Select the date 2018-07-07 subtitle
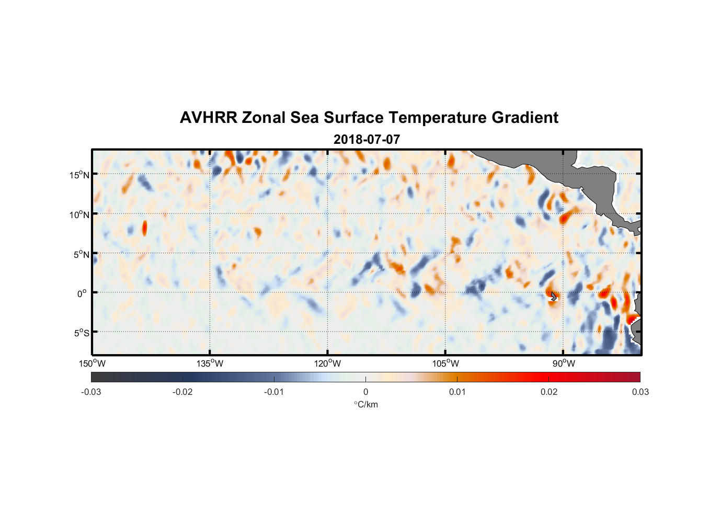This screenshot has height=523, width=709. coord(367,140)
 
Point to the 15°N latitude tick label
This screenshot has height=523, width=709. coord(79,175)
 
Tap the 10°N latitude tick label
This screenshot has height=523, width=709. coord(79,214)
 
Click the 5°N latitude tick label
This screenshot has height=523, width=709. coord(81,254)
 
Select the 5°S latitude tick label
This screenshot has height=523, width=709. coord(81,333)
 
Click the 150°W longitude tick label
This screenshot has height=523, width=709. coord(93,363)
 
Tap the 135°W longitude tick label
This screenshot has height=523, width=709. coord(210,363)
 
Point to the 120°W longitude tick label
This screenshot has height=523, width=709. coord(328,363)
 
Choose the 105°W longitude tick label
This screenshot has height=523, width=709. coord(445,363)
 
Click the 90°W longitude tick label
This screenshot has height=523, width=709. coord(564,363)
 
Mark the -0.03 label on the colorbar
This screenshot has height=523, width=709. coord(91,392)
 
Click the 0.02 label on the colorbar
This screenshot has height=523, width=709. coord(549,392)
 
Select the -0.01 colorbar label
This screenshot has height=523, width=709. coord(274,392)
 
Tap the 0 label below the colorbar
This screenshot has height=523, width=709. coord(365,392)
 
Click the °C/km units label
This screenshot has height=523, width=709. coord(366,404)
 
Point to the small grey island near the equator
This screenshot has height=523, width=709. coord(554,297)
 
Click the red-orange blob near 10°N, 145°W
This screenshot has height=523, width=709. coord(145,228)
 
